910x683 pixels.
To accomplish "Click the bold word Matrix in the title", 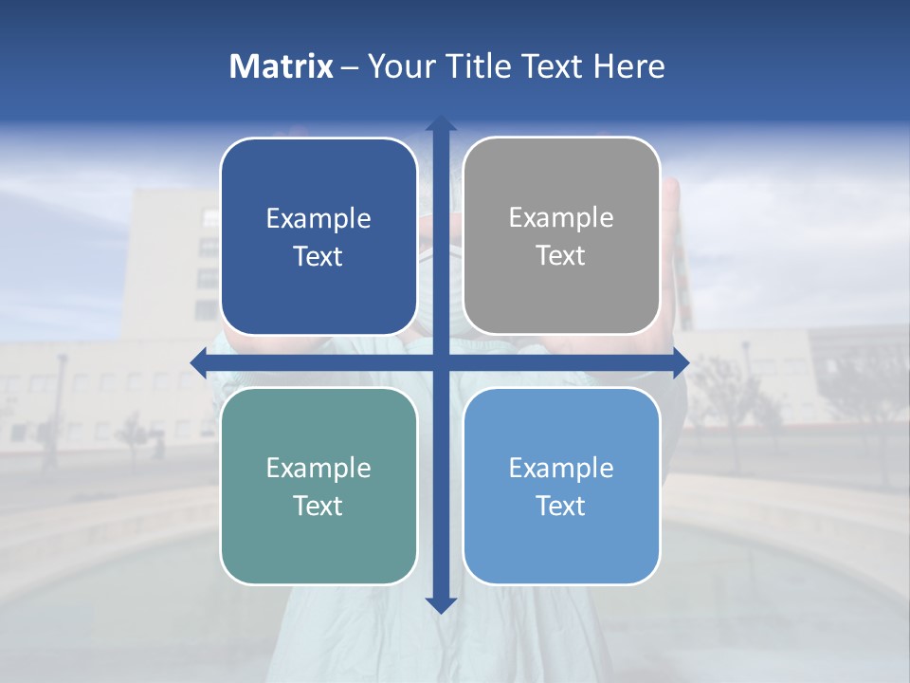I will coord(282,66).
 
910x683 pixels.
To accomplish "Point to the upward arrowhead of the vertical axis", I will coord(441,122).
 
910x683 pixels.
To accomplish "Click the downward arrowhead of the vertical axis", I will coord(441,605).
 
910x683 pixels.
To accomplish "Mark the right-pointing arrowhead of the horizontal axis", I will coord(681,362).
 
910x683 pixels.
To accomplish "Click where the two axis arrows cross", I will coord(441,362).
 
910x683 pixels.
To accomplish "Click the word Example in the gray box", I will coord(561,218).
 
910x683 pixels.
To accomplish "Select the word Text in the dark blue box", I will coord(318,256).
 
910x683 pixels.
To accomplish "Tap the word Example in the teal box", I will coord(318,468).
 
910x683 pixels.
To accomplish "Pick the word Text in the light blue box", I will coord(561,506).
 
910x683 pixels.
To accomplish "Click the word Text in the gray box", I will coord(561,256).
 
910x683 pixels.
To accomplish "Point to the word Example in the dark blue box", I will coord(318,218).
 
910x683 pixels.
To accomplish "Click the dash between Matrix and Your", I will coord(350,67).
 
